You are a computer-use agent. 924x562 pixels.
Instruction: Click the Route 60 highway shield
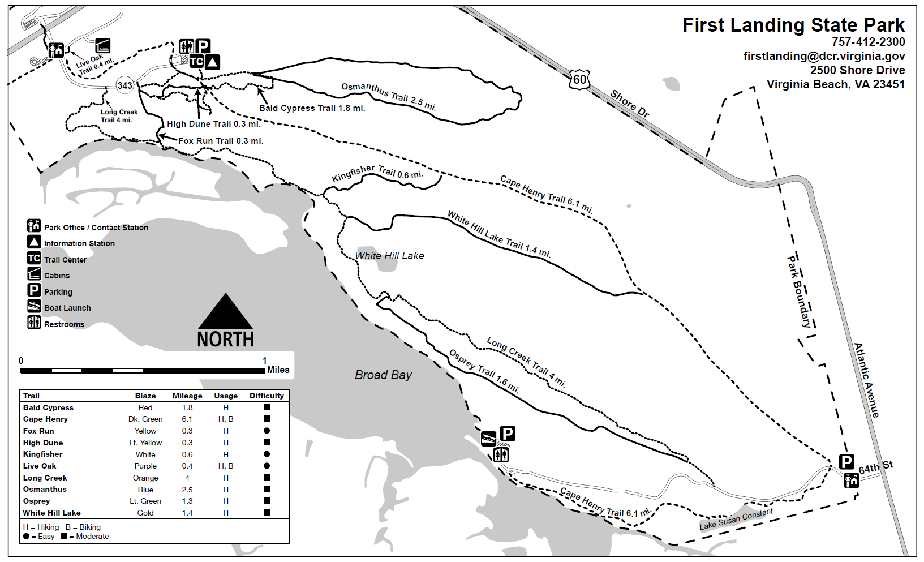(580, 79)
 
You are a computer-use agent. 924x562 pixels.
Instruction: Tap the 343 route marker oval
(124, 85)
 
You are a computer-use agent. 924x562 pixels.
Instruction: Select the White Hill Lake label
(389, 256)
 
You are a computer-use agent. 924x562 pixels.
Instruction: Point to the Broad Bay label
(383, 375)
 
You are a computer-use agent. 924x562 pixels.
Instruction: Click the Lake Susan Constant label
(736, 519)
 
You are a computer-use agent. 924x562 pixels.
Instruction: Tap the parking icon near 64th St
(846, 462)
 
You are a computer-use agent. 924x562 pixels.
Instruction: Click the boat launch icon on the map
(488, 439)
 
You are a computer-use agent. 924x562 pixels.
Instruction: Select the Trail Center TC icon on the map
(196, 61)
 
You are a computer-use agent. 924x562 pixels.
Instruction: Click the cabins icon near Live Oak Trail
(102, 45)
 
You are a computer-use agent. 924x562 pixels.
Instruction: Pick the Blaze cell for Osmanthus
(145, 490)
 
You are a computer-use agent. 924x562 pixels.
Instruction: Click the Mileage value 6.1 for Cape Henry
(187, 419)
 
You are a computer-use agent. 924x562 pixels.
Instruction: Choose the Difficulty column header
(267, 396)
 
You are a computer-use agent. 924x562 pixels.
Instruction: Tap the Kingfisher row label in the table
(43, 454)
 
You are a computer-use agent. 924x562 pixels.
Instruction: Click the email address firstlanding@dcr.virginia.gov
(824, 56)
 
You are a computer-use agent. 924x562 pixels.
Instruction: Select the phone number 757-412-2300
(868, 42)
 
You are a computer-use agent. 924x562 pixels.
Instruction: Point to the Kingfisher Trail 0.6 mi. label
(377, 173)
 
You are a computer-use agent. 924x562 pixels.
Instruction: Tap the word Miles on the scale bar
(278, 370)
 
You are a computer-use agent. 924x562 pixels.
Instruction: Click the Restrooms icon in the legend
(34, 323)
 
